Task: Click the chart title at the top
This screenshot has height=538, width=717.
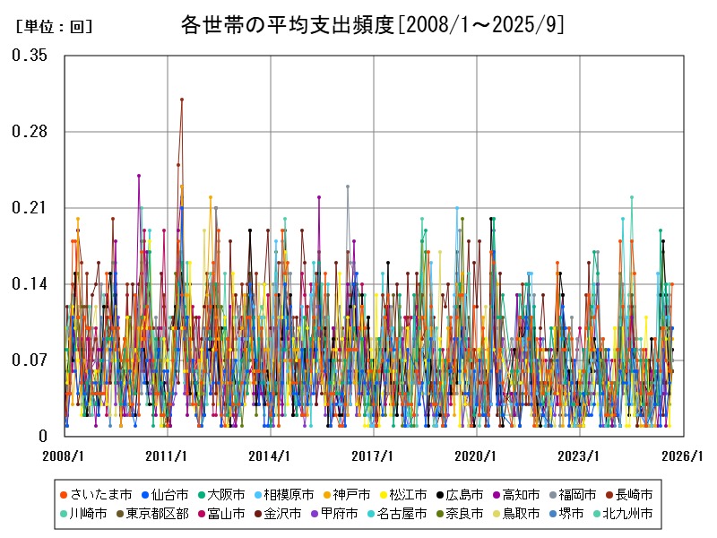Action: [372, 25]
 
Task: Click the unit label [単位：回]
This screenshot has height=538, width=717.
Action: [55, 27]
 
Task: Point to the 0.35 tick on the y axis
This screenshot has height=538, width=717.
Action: [30, 56]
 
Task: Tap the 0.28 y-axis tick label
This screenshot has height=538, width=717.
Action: [30, 132]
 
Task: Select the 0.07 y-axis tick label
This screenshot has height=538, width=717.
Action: [30, 360]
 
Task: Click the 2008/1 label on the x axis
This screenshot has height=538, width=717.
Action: [65, 456]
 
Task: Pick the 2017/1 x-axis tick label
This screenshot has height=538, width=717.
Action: [374, 456]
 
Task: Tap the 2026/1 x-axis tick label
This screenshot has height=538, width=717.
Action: [683, 456]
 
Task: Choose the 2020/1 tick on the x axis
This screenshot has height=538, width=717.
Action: [477, 456]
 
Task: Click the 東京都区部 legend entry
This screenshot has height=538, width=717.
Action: [157, 514]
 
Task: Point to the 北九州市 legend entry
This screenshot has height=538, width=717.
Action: [626, 514]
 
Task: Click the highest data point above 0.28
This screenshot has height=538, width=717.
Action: [182, 100]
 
